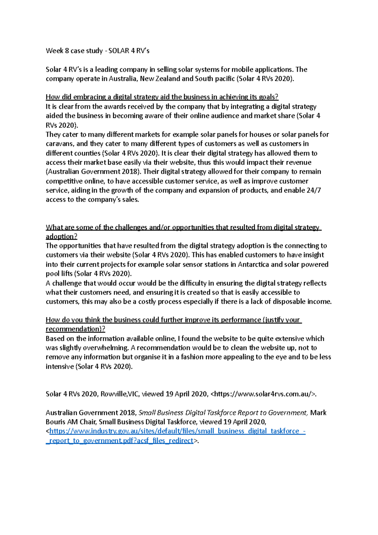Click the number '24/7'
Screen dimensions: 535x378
click(313, 190)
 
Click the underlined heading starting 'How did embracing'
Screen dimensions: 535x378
click(162, 97)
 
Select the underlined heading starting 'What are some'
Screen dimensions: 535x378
click(183, 227)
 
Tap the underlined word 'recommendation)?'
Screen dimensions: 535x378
click(75, 329)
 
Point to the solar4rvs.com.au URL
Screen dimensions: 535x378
click(263, 394)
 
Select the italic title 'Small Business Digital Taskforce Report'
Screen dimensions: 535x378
click(222, 413)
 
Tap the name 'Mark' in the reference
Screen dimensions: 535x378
click(318, 413)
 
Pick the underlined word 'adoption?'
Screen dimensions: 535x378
click(61, 236)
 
